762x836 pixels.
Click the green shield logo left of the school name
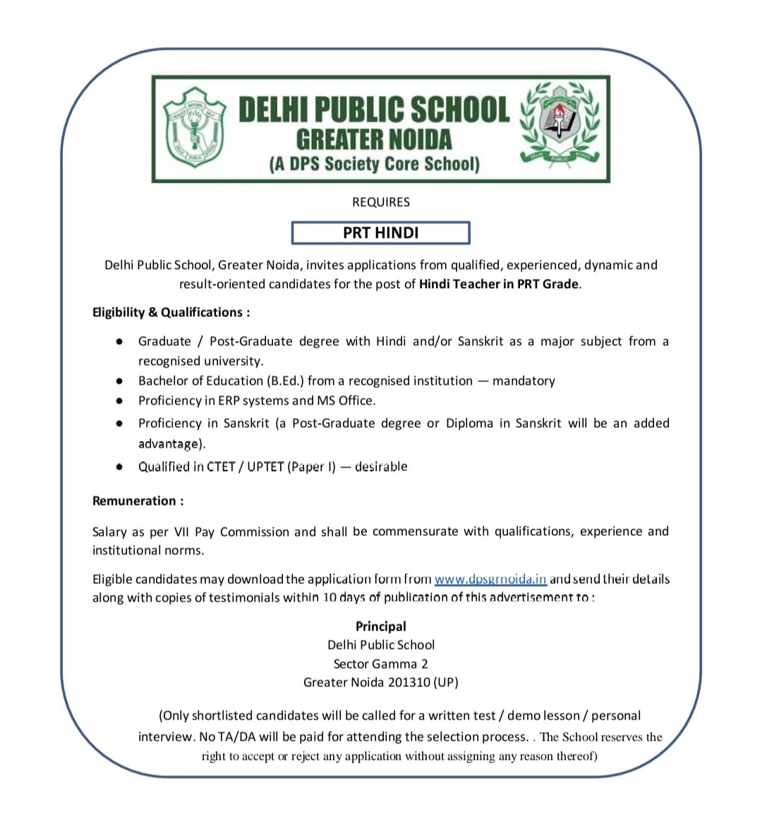coord(194,127)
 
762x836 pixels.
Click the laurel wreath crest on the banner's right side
coord(560,123)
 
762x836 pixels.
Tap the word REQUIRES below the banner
coord(381,202)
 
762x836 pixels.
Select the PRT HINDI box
coord(381,232)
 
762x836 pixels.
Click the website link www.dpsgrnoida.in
coord(490,579)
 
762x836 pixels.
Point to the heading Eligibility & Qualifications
coord(171,312)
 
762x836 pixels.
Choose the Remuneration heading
coord(138,501)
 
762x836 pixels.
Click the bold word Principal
coord(381,626)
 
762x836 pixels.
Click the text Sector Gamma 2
coord(381,664)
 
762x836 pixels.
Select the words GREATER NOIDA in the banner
coord(373,138)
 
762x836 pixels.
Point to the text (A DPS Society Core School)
coord(374,164)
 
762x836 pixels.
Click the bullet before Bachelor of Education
coord(121,381)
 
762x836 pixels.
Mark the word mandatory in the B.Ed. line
coord(524,381)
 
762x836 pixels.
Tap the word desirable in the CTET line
coord(381,467)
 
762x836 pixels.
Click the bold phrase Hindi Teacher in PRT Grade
coord(499,284)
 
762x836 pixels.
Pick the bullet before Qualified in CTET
coord(121,467)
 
